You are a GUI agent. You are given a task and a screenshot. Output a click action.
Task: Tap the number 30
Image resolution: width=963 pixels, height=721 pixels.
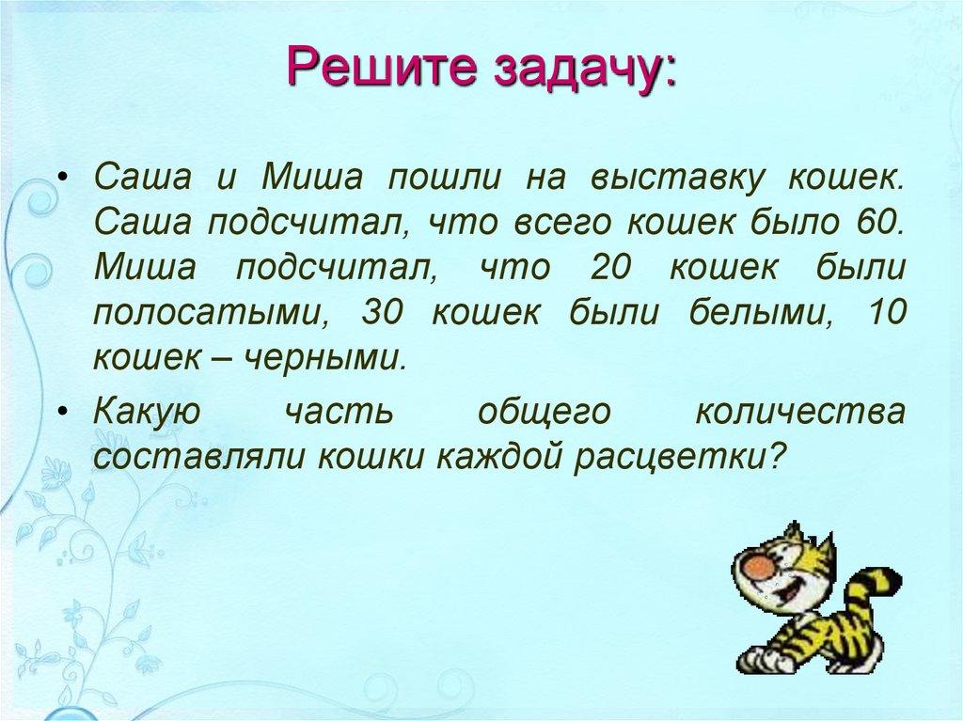click(382, 313)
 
